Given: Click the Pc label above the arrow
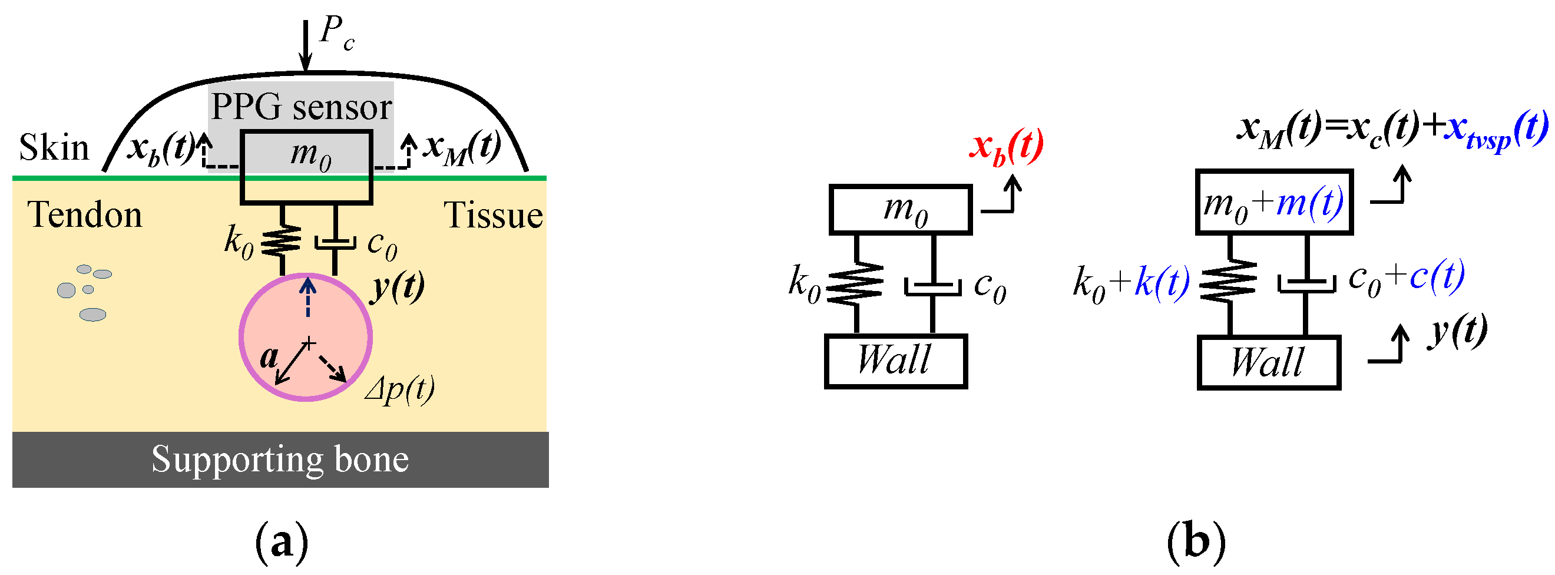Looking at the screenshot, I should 336,34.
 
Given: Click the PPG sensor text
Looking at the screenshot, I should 301,107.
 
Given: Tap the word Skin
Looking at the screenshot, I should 54,147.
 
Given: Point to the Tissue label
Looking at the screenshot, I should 493,216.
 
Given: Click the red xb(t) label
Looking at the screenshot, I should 1006,147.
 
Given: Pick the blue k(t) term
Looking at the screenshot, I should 1162,282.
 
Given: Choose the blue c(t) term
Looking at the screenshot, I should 1437,276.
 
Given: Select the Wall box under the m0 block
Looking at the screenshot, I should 896,361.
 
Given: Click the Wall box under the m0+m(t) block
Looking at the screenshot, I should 1269,362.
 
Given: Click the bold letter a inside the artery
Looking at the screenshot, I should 268,358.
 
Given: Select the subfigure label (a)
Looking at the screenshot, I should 282,543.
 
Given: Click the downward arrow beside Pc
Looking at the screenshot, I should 306,45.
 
